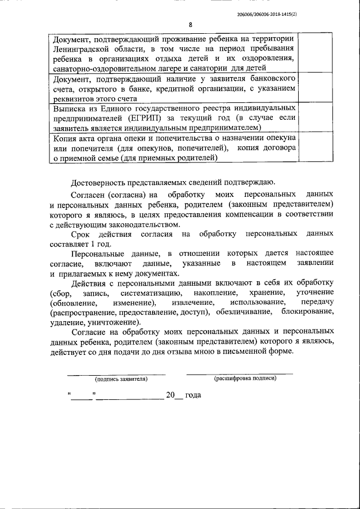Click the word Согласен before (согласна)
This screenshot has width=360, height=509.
[x=88, y=193]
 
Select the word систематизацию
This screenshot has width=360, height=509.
[x=149, y=293]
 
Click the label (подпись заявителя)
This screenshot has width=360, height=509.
[x=121, y=380]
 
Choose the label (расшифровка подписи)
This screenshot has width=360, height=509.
[x=245, y=379]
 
